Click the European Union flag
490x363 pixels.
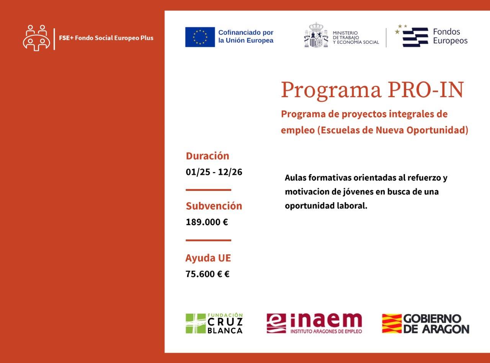[x=200, y=37]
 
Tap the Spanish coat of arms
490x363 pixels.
[x=316, y=35]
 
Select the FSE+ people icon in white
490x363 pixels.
[x=36, y=38]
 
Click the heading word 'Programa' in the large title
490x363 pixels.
[x=331, y=90]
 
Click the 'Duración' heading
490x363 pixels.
[x=207, y=156]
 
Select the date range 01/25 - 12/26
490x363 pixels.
[x=214, y=172]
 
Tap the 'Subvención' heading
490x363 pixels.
[x=214, y=206]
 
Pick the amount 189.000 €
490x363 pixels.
[x=207, y=222]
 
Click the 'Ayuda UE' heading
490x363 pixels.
[x=208, y=258]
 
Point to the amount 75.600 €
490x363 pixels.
[x=207, y=274]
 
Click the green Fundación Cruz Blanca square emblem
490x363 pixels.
[x=196, y=323]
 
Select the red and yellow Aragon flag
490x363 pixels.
[x=392, y=323]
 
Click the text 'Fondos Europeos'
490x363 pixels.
[x=450, y=36]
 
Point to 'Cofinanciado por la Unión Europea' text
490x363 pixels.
[x=246, y=36]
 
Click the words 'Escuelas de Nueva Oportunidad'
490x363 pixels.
[x=393, y=130]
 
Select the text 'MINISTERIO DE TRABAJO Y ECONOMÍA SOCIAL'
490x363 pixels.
[x=356, y=37]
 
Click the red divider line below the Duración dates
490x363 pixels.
[x=208, y=190]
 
